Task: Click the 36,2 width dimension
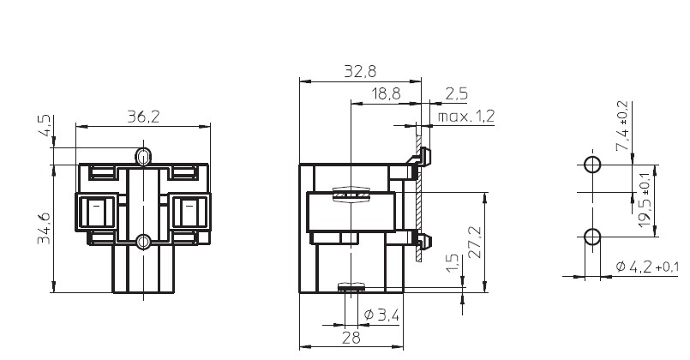pyautogui.click(x=143, y=117)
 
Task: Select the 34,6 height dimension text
pyautogui.click(x=44, y=228)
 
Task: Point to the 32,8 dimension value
pyautogui.click(x=360, y=71)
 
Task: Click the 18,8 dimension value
pyautogui.click(x=387, y=93)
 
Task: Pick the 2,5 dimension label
pyautogui.click(x=456, y=93)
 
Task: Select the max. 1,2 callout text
pyautogui.click(x=466, y=117)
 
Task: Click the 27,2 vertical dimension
pyautogui.click(x=475, y=242)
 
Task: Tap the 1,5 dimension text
pyautogui.click(x=454, y=263)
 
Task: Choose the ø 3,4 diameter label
pyautogui.click(x=382, y=315)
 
